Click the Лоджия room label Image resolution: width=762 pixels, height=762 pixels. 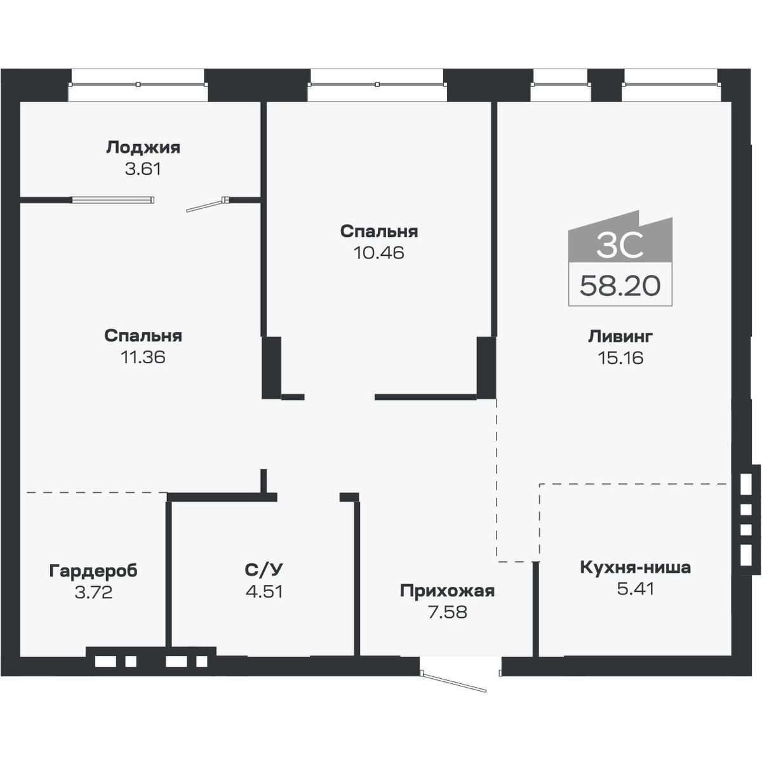tap(143, 148)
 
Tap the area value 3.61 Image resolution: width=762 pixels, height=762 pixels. tap(143, 170)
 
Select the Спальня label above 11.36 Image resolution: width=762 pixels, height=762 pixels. tap(143, 335)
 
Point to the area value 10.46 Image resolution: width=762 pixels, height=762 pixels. tap(378, 253)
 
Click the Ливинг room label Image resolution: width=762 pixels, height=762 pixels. tap(620, 336)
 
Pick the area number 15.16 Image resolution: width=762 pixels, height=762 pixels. tap(620, 358)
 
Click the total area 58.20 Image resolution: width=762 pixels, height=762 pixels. tap(620, 286)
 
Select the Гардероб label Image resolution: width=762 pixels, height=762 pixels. tap(93, 571)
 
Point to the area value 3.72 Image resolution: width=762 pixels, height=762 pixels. tap(93, 592)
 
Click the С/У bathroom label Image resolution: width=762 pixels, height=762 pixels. tap(264, 569)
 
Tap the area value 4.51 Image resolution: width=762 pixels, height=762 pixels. tap(264, 591)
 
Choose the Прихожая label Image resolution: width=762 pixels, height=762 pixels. tap(447, 591)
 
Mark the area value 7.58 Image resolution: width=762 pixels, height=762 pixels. tap(447, 613)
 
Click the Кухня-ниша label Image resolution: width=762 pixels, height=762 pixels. tap(635, 567)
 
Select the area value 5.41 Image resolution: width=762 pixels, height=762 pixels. tap(635, 589)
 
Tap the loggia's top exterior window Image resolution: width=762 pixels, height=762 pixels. tap(138, 84)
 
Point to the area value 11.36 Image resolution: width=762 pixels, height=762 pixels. tap(143, 357)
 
